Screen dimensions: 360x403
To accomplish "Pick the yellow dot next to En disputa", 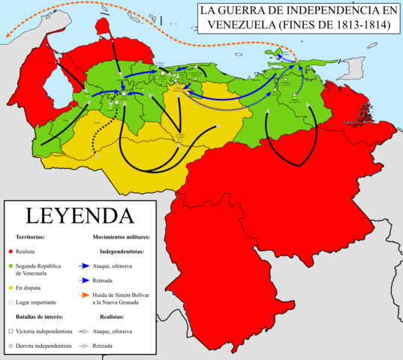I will (11, 286).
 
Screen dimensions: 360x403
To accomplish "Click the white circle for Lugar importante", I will (11, 300).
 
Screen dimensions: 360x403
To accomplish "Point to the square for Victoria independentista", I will (11, 330).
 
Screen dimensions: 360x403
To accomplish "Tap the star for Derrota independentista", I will (11, 346).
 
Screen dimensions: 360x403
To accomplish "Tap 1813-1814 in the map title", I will (362, 24).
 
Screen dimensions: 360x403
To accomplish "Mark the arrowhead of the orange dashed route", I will (8, 33).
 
